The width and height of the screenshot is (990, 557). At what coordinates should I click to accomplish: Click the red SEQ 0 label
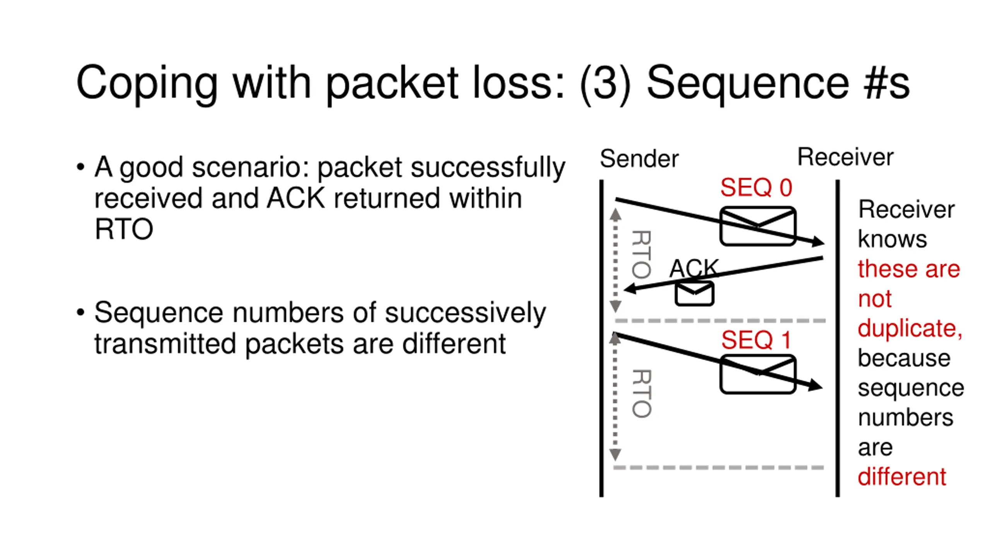(x=756, y=188)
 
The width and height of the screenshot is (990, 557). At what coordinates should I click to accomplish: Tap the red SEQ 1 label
(x=756, y=340)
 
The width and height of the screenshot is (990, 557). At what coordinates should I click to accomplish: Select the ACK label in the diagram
(x=694, y=268)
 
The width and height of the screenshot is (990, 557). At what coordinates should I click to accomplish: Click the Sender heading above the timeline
(x=639, y=159)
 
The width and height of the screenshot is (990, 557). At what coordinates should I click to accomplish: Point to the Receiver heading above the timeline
(x=845, y=157)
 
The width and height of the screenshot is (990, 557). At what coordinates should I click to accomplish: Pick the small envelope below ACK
(x=694, y=294)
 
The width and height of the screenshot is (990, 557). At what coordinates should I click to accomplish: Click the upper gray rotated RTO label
(x=641, y=254)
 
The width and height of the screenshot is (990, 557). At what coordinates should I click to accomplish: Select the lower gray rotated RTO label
(x=641, y=393)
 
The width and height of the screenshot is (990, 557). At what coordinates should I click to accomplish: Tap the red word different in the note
(x=902, y=477)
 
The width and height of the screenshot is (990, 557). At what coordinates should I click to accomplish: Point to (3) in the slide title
(x=605, y=84)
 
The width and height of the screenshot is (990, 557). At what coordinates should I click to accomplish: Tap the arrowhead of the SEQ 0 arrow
(x=818, y=242)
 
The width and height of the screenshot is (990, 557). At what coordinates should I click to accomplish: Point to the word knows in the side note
(x=893, y=239)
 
